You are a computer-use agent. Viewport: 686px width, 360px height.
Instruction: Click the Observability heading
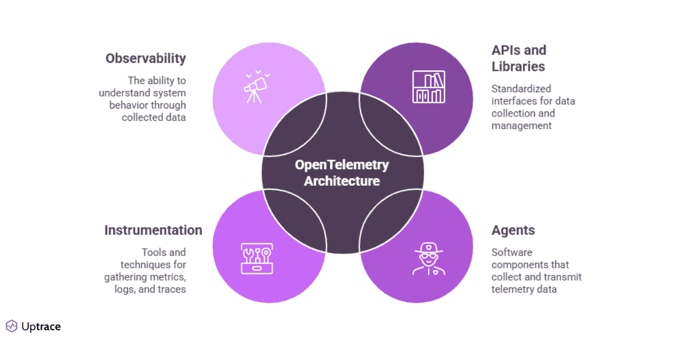tap(146, 58)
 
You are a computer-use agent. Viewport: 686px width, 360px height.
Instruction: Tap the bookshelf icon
tap(429, 87)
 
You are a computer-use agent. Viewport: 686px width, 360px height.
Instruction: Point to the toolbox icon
tap(257, 258)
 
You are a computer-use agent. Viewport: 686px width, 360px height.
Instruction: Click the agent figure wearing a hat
tap(429, 258)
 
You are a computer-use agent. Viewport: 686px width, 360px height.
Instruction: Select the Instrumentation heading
tap(153, 230)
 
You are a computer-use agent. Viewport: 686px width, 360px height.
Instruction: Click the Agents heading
tap(513, 230)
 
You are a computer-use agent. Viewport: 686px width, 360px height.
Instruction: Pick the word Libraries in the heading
tap(519, 67)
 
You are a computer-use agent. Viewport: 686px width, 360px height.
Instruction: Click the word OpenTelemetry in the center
tap(342, 165)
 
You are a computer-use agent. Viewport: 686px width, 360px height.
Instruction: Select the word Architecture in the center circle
tap(342, 181)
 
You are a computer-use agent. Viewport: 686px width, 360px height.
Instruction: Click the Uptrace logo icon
tap(11, 326)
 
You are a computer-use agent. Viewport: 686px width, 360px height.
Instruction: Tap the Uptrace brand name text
tap(41, 327)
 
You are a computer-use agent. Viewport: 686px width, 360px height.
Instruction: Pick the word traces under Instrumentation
tap(171, 289)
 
